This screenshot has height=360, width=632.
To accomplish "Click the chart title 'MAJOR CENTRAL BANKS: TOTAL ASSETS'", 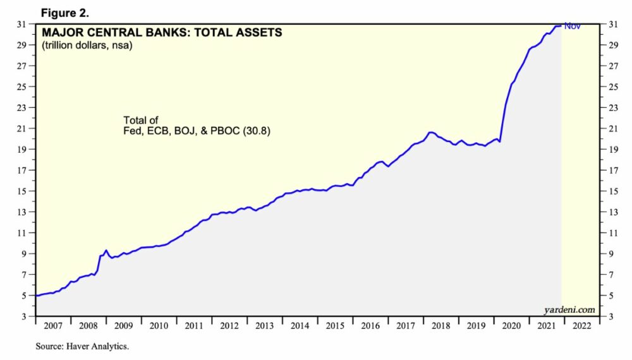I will (162, 32).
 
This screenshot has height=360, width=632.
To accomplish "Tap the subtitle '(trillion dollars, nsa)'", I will (87, 45).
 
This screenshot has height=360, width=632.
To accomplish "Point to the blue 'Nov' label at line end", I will (572, 26).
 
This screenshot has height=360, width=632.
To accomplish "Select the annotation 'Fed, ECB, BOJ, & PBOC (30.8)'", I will (188, 132).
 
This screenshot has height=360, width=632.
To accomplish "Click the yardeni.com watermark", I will (569, 309).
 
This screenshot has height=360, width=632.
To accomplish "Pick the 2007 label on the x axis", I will (52, 327).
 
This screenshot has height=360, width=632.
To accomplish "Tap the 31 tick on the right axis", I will (611, 24).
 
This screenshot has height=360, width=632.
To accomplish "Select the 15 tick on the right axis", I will (611, 191).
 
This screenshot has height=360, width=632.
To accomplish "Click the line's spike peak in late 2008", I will (106, 250).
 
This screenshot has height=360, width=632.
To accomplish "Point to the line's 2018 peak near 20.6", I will (431, 132).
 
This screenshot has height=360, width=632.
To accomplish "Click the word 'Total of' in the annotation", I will (140, 120).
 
